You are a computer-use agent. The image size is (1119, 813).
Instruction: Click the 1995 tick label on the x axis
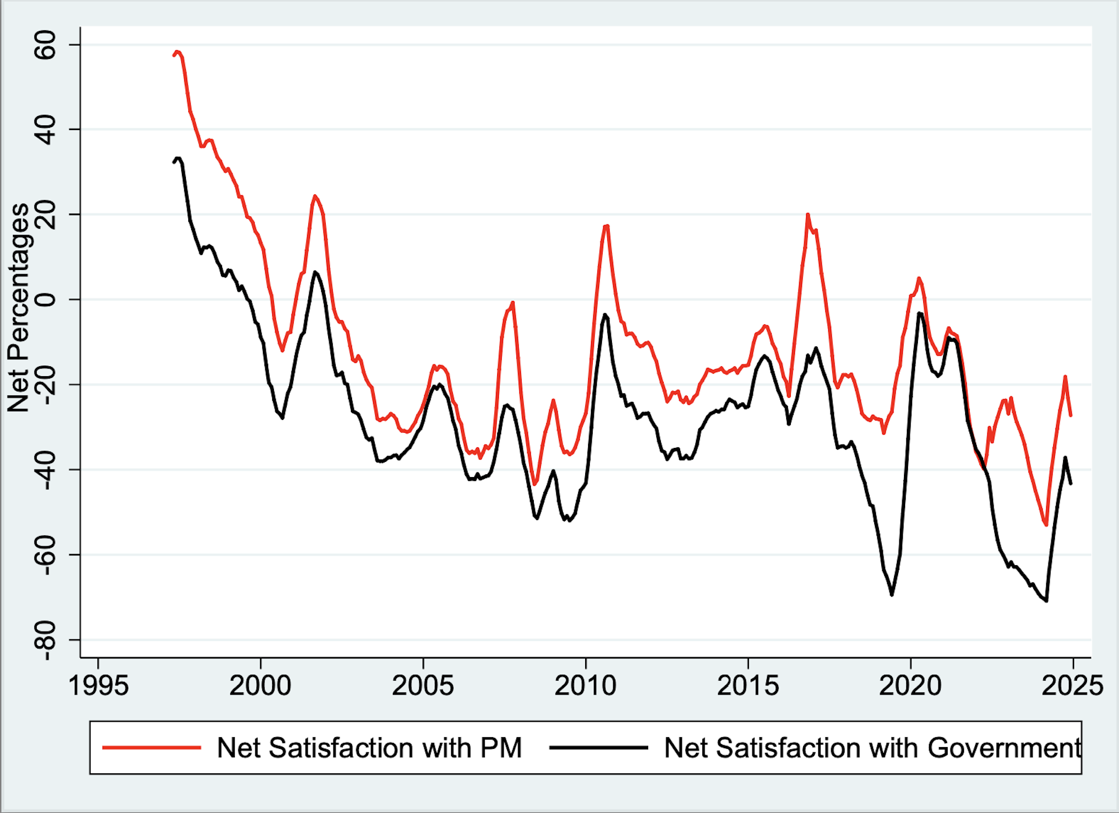pyautogui.click(x=98, y=686)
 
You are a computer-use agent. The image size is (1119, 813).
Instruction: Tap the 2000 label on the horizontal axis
pyautogui.click(x=260, y=686)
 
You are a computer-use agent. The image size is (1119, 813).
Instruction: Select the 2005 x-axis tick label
pyautogui.click(x=423, y=686)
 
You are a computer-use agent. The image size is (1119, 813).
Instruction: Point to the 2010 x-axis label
pyautogui.click(x=585, y=686)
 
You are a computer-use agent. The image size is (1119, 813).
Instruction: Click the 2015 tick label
pyautogui.click(x=748, y=686)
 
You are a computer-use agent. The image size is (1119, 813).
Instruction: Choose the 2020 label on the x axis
pyautogui.click(x=910, y=686)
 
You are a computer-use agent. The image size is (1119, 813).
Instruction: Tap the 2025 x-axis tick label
pyautogui.click(x=1072, y=686)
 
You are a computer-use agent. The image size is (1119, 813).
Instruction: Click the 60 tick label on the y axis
pyautogui.click(x=45, y=45)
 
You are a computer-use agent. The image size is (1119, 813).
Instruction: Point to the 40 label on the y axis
pyautogui.click(x=45, y=129)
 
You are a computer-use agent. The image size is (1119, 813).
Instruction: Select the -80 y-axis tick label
pyautogui.click(x=45, y=640)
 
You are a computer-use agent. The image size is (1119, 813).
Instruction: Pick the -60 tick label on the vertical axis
pyautogui.click(x=45, y=555)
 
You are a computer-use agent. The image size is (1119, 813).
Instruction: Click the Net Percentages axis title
pyautogui.click(x=19, y=307)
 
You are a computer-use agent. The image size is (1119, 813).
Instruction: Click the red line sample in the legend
pyautogui.click(x=152, y=748)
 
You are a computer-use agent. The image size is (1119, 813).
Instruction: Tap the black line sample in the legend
pyautogui.click(x=599, y=748)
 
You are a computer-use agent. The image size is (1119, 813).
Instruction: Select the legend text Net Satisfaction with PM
pyautogui.click(x=369, y=748)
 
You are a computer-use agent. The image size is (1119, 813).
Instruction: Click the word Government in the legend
pyautogui.click(x=1004, y=748)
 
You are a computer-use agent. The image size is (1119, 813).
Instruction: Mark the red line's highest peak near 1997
pyautogui.click(x=178, y=51)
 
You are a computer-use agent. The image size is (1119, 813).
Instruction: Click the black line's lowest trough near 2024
pyautogui.click(x=1047, y=601)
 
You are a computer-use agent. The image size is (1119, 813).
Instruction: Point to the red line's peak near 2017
pyautogui.click(x=808, y=215)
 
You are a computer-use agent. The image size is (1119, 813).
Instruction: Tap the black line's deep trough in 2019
pyautogui.click(x=892, y=594)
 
